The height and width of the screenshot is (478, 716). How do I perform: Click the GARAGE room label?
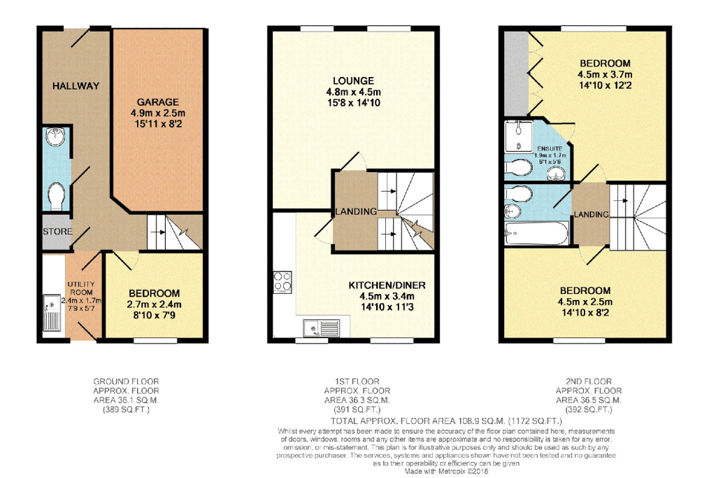pyautogui.click(x=158, y=101)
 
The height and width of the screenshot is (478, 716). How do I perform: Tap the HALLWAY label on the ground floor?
pyautogui.click(x=76, y=86)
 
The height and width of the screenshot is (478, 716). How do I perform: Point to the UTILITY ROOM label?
pyautogui.click(x=80, y=288)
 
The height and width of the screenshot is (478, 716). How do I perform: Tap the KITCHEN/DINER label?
pyautogui.click(x=387, y=286)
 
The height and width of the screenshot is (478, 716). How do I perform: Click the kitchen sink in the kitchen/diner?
pyautogui.click(x=321, y=327)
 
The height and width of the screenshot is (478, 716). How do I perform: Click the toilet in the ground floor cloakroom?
pyautogui.click(x=56, y=195)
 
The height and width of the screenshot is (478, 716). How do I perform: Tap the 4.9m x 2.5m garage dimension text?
pyautogui.click(x=158, y=113)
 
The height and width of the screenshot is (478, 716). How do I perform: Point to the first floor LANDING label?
pyautogui.click(x=355, y=211)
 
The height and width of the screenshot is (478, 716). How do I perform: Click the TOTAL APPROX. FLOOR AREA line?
pyautogui.click(x=447, y=421)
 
